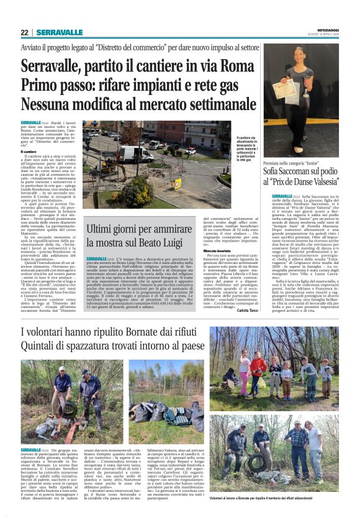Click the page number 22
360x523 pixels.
[x=25, y=32]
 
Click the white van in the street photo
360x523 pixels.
[x=136, y=153]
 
